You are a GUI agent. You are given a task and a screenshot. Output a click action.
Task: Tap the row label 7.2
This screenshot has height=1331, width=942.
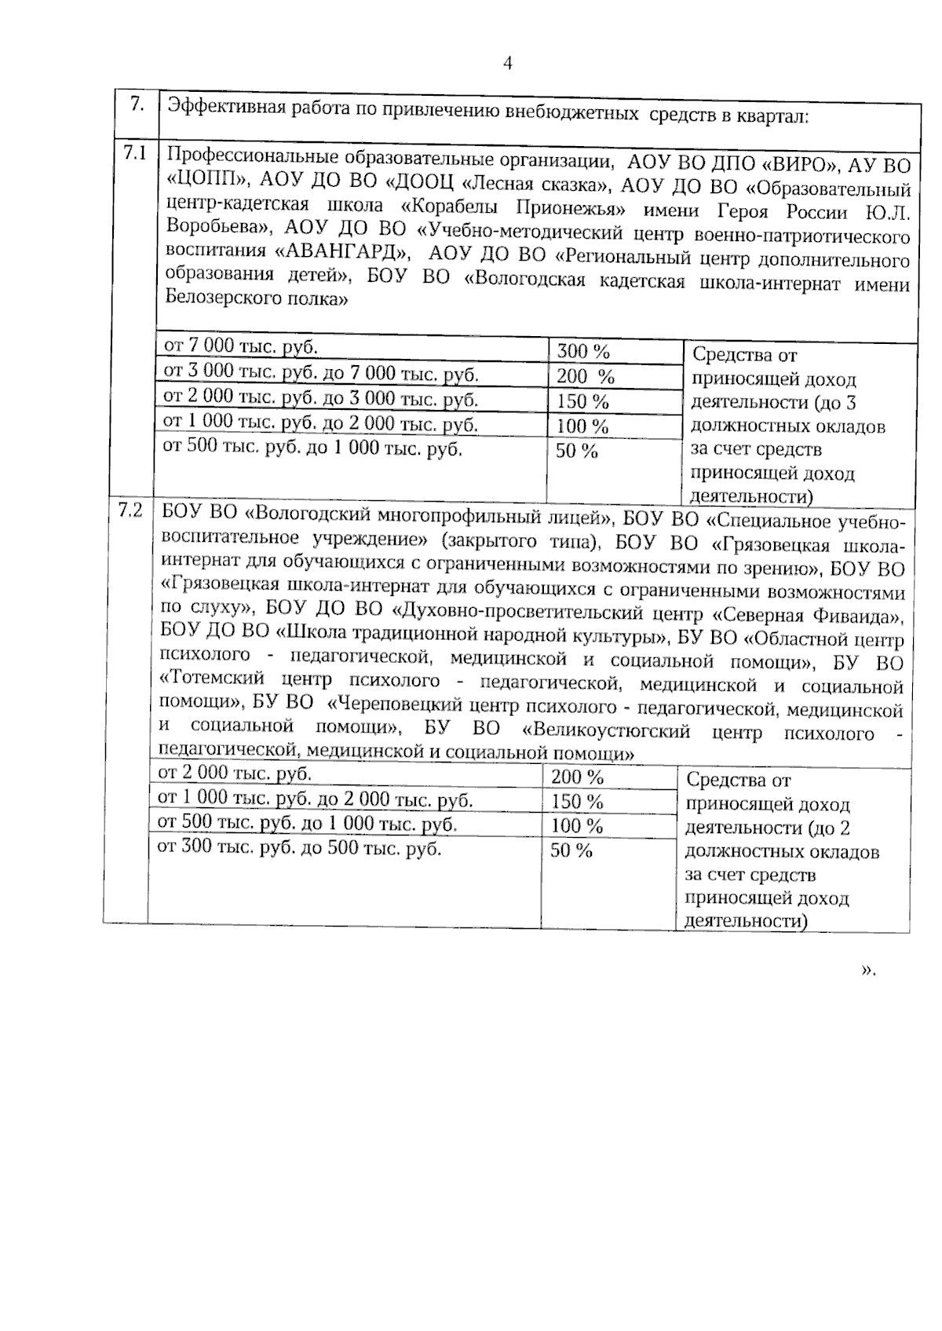click(130, 511)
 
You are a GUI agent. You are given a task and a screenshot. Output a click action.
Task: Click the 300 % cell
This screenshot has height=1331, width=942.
click(582, 352)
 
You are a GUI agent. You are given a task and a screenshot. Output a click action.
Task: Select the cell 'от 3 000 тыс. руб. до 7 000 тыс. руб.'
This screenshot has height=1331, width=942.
click(320, 373)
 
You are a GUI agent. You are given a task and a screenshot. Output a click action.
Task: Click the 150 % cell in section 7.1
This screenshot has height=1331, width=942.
click(582, 401)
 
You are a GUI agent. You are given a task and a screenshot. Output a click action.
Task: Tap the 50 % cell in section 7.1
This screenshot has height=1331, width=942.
click(577, 451)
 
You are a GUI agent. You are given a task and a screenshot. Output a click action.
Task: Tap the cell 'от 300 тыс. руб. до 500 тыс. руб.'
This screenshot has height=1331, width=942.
click(300, 849)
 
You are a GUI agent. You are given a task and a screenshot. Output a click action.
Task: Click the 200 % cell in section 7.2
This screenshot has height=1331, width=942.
click(577, 777)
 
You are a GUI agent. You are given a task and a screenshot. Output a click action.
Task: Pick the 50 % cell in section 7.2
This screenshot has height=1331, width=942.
click(571, 850)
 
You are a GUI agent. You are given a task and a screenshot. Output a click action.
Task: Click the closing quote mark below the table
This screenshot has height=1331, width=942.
click(867, 971)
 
